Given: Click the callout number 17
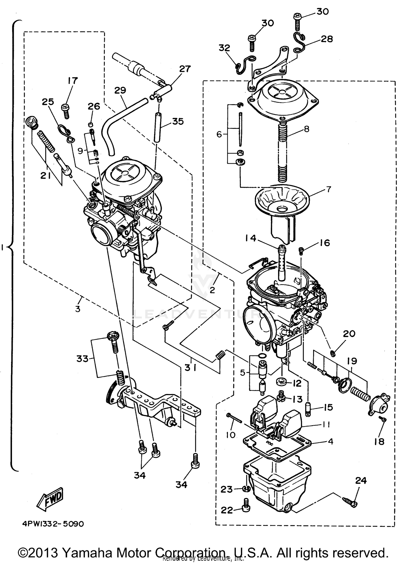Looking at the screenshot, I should tap(73, 81).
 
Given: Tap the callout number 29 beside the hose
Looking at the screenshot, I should tap(120, 91).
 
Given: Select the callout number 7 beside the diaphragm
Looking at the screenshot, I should tap(328, 189).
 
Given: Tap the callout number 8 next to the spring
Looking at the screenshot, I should tap(307, 129).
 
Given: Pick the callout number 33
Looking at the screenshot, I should tap(82, 359).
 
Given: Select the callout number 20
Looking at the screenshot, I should tap(349, 333).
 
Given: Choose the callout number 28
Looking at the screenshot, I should tap(326, 39).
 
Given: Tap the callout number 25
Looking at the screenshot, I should tap(48, 102).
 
